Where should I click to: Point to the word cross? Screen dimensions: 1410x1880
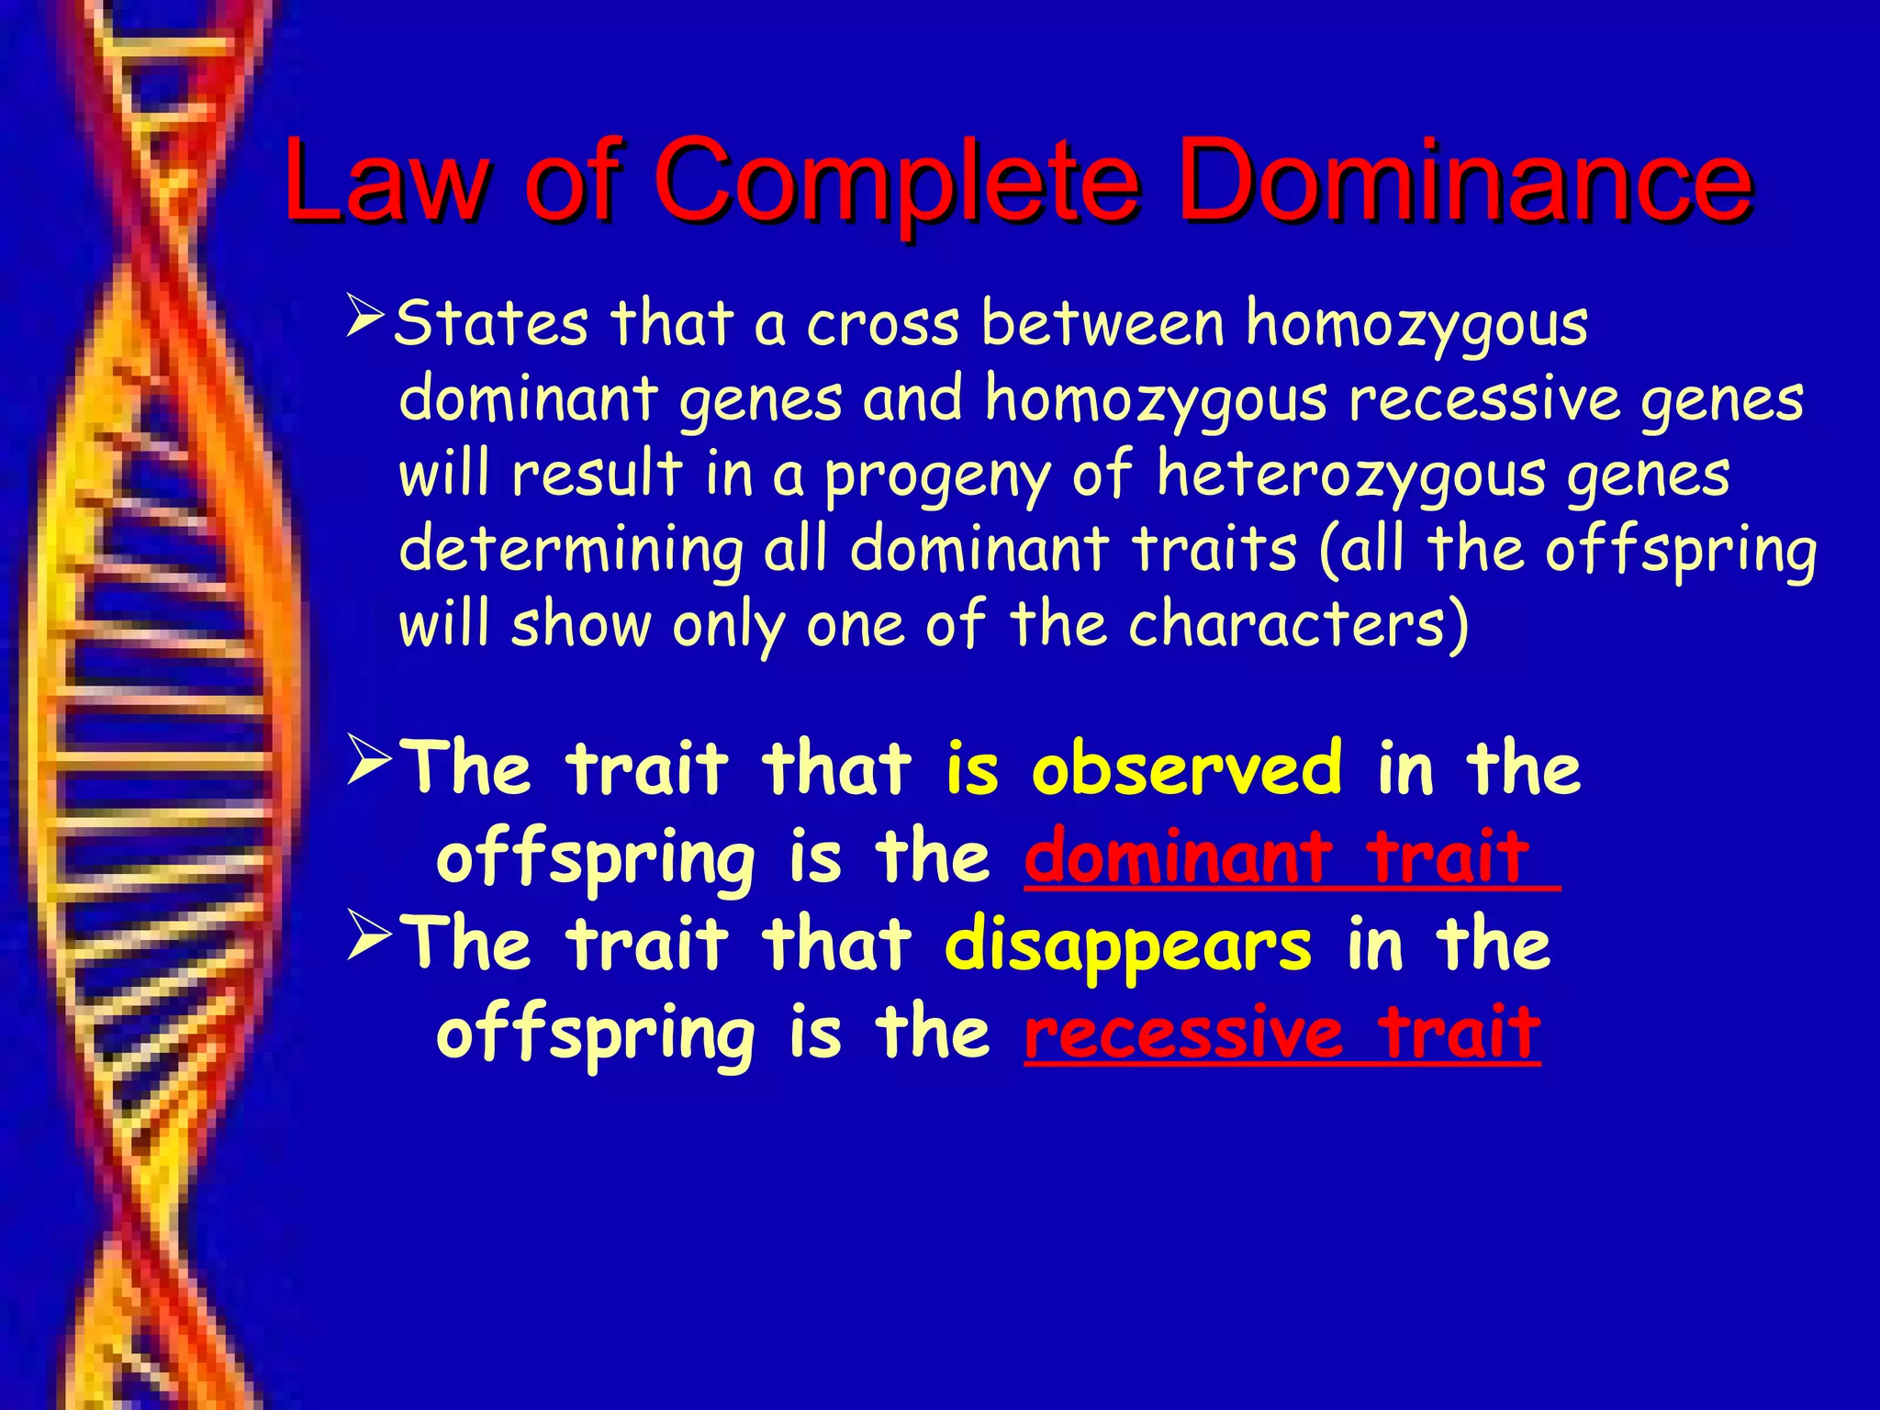[x=883, y=325]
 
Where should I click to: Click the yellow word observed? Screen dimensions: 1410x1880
[x=1186, y=767]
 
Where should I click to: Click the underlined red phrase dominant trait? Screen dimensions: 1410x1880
[x=1278, y=856]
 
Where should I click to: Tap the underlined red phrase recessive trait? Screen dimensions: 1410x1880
[x=1282, y=1033]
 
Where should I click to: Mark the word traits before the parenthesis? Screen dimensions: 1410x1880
[x=1214, y=549]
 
